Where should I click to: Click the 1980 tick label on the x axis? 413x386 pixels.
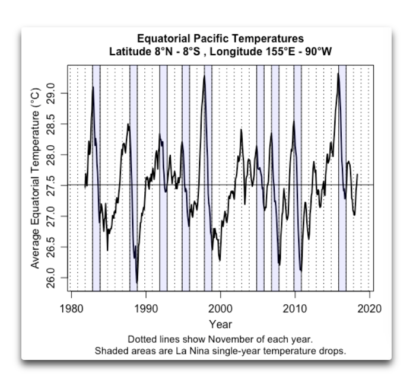(71, 310)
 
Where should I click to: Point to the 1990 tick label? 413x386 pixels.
(146, 310)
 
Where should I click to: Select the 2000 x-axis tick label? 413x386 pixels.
(221, 310)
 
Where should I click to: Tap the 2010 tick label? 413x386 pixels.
(296, 310)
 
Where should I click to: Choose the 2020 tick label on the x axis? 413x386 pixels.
(370, 310)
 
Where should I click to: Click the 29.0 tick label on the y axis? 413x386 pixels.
(52, 94)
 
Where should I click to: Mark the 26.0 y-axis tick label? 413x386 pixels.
(52, 277)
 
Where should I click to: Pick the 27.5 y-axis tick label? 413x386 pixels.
(52, 185)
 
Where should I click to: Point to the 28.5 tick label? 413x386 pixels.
(52, 124)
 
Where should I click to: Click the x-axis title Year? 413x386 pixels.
(220, 324)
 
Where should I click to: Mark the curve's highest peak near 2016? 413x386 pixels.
(338, 74)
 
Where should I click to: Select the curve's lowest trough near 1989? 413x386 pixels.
(137, 283)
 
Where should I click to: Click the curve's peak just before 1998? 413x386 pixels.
(205, 76)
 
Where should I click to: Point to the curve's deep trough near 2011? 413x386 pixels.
(301, 270)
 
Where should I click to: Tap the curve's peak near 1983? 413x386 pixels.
(93, 88)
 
